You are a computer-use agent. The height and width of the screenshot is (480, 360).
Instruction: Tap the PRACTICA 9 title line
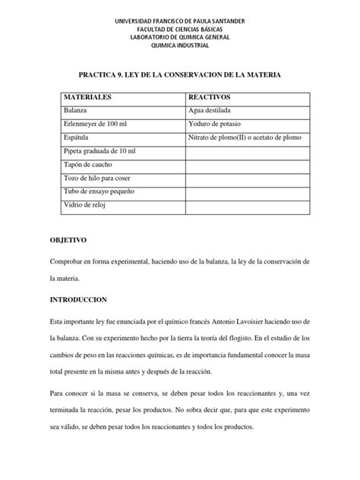pyautogui.click(x=180, y=76)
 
